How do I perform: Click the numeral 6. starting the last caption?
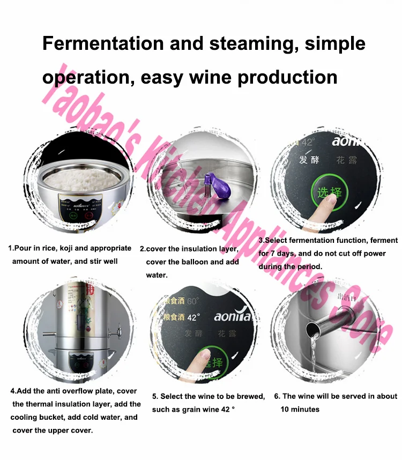tap(277, 396)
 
